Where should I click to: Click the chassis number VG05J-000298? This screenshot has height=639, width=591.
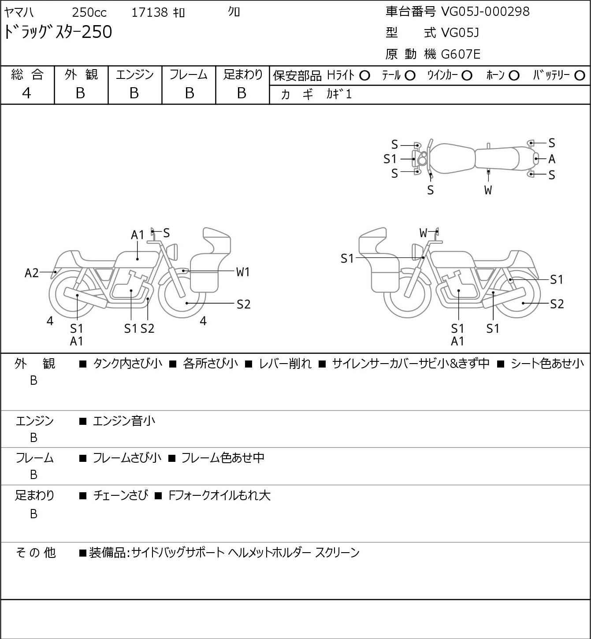click(x=485, y=12)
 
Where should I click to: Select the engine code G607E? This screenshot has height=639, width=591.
click(x=461, y=54)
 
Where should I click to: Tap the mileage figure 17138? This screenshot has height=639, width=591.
click(x=150, y=12)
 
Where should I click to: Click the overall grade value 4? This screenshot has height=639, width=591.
click(x=26, y=93)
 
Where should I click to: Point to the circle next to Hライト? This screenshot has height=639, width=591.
click(x=365, y=76)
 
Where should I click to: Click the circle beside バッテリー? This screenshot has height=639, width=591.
click(x=580, y=76)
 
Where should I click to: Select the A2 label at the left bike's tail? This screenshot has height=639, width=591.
click(x=32, y=273)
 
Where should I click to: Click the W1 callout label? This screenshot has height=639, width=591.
click(x=243, y=272)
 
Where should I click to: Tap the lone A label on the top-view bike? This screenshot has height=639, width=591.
click(x=552, y=159)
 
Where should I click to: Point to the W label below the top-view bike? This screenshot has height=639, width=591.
click(x=488, y=190)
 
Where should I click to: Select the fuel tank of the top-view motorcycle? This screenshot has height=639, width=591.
click(x=452, y=159)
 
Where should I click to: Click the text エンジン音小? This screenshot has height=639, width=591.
click(x=124, y=421)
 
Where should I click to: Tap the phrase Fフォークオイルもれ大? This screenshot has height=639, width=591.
click(x=219, y=495)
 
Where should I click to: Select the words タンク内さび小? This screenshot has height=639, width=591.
click(x=127, y=364)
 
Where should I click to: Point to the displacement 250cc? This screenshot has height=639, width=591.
click(x=89, y=12)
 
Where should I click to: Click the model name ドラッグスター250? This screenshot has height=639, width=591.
click(x=58, y=32)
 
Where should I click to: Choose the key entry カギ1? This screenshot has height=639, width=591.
click(x=339, y=94)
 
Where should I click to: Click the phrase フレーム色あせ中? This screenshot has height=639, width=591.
click(x=223, y=458)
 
